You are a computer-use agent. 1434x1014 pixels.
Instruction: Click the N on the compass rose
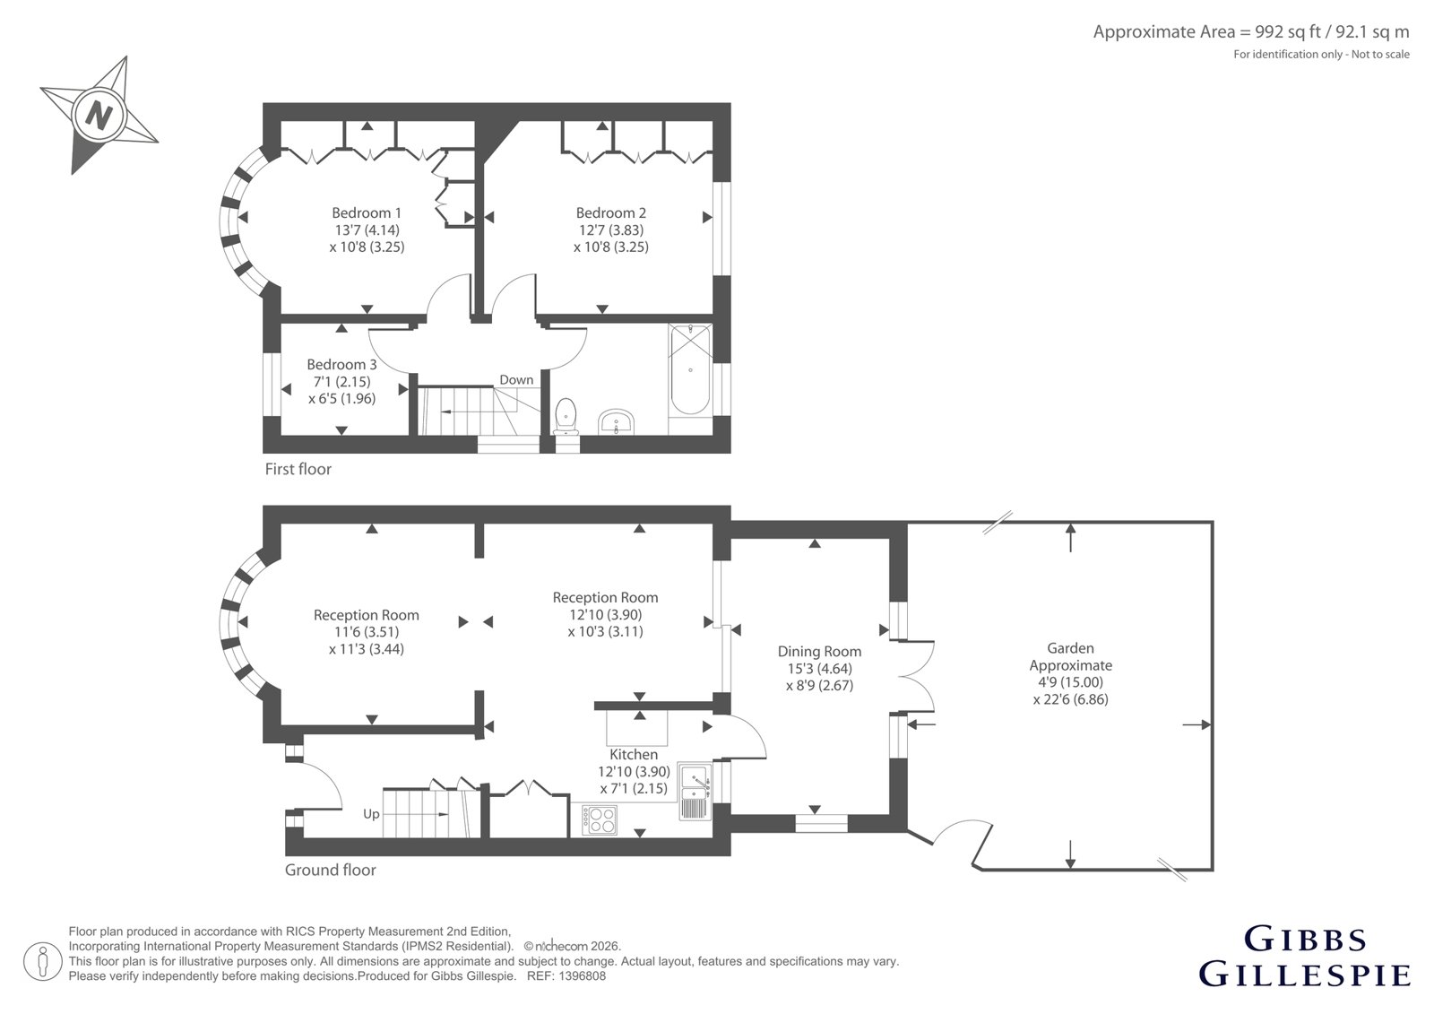(x=99, y=116)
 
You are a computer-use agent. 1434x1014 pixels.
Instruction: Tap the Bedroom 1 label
(x=367, y=212)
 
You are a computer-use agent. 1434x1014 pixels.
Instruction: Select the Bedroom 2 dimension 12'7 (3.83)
(x=610, y=230)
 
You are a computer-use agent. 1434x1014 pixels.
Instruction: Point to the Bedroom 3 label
(x=341, y=365)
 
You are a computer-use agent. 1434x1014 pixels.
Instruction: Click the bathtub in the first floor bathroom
(x=690, y=369)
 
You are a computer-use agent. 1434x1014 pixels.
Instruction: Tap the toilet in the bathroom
(x=566, y=415)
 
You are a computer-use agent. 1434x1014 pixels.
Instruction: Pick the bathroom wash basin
(x=616, y=423)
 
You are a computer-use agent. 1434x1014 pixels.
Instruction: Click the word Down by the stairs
(x=516, y=380)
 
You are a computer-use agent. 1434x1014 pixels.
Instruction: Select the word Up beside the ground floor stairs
(x=371, y=814)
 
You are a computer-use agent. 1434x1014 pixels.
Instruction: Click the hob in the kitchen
(x=600, y=820)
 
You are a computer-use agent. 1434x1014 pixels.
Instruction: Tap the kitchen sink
(x=695, y=792)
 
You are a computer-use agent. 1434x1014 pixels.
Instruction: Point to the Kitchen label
(x=633, y=755)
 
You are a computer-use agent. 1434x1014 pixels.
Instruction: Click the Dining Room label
(x=819, y=652)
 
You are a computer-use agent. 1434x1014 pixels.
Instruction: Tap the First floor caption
(x=298, y=469)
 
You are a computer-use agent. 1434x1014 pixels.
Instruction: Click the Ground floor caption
(x=331, y=870)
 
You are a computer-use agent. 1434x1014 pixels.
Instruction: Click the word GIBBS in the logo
(x=1306, y=940)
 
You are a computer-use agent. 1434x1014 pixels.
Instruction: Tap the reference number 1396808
(x=582, y=976)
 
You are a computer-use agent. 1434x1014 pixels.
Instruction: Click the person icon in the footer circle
(x=43, y=961)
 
